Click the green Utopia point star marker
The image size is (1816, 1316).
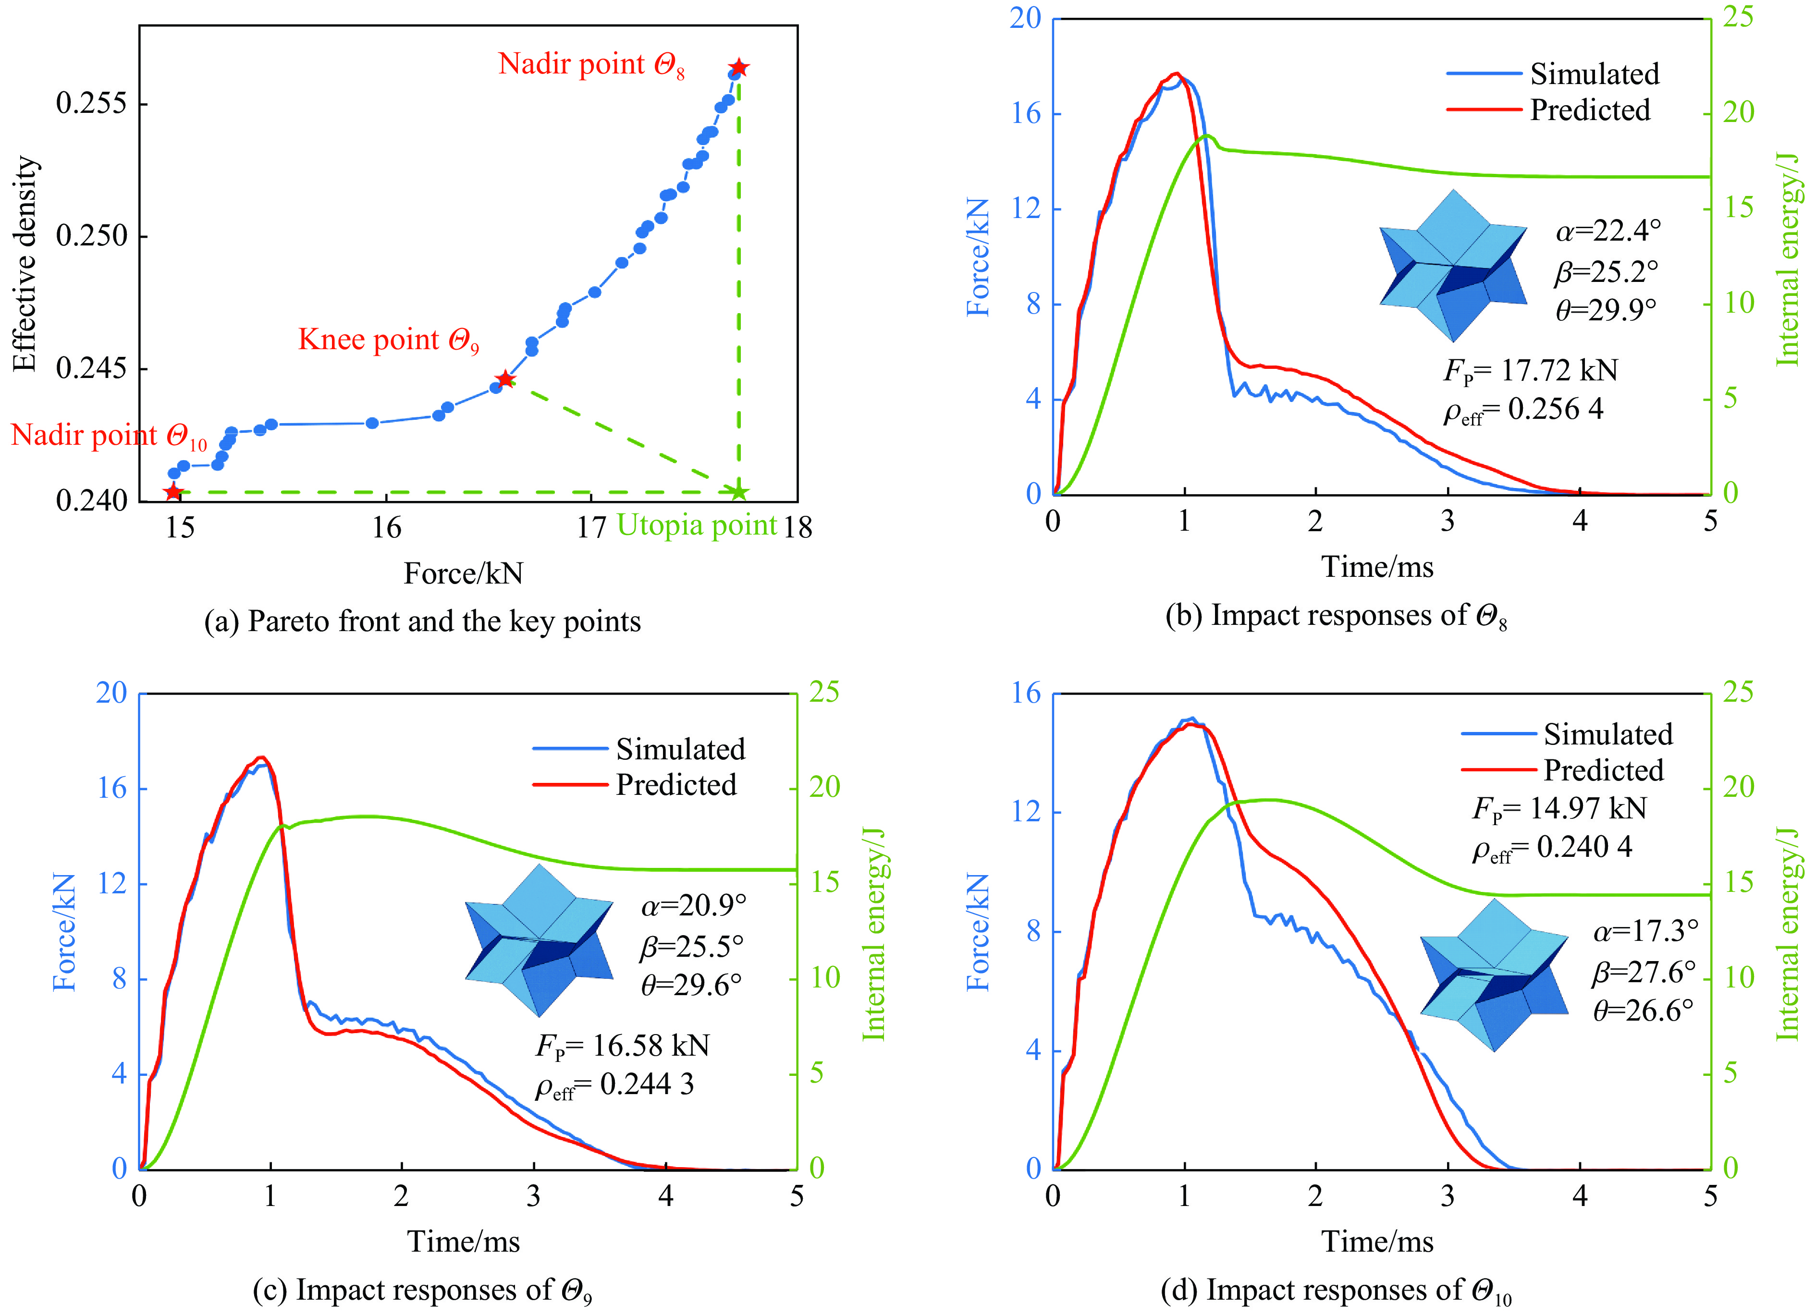point(738,492)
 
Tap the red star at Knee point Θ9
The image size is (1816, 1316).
point(504,378)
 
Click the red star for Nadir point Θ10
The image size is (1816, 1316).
point(173,491)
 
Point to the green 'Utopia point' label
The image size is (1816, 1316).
point(697,525)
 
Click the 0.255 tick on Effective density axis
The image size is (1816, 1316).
point(92,103)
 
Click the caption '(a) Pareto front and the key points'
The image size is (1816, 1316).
point(422,621)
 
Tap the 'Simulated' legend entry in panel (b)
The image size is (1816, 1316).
point(1594,73)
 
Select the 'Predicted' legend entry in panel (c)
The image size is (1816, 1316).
point(675,784)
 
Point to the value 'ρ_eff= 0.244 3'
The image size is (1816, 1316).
point(614,1085)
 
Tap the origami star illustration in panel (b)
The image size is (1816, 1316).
point(1452,266)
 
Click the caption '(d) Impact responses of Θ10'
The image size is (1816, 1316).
point(1336,1291)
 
